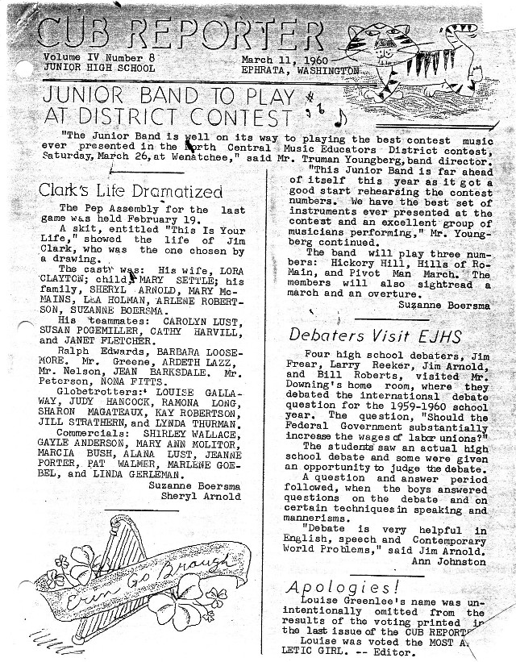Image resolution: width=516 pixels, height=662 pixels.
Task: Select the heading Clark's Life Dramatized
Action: tap(131, 192)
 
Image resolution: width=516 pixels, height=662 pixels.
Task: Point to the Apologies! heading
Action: tap(343, 586)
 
